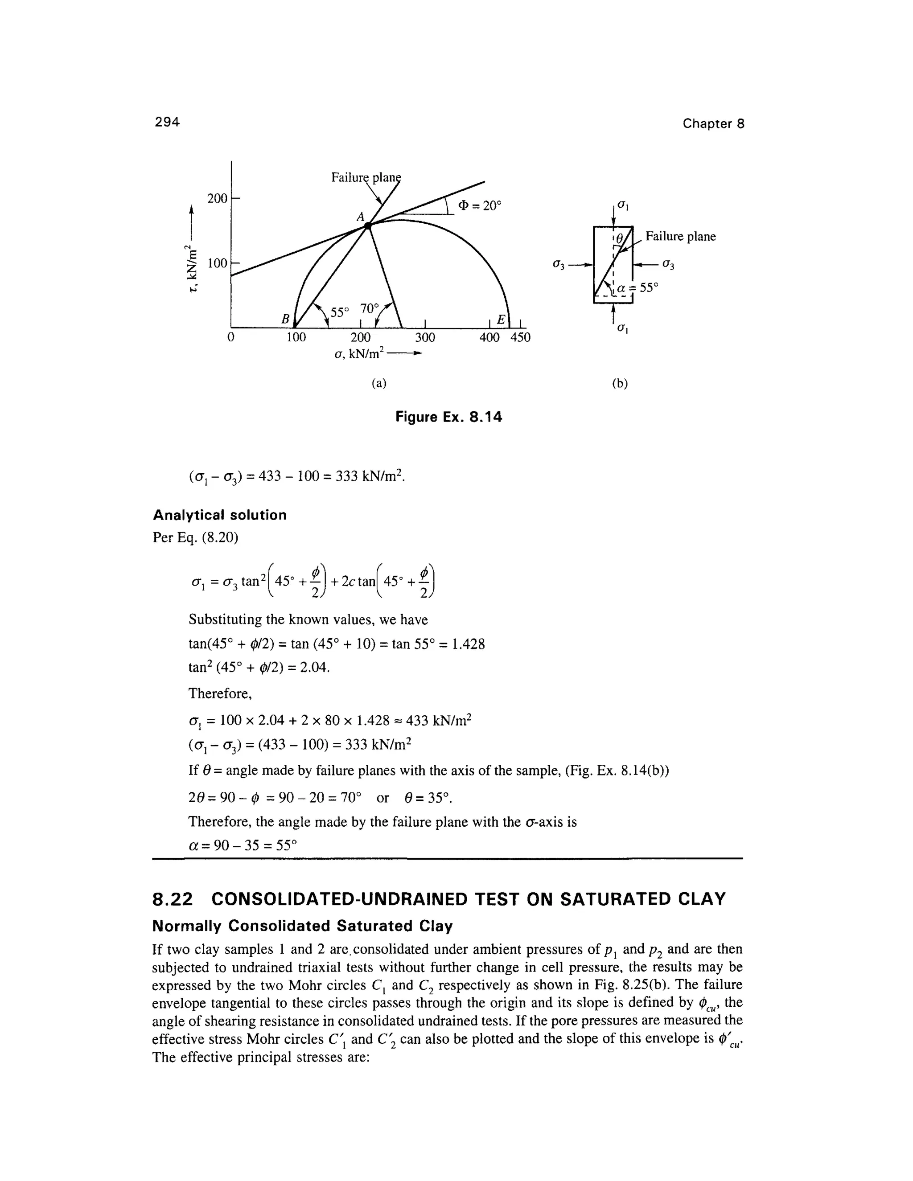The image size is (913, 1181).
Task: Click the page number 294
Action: (x=167, y=122)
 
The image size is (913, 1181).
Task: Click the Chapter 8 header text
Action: (x=713, y=124)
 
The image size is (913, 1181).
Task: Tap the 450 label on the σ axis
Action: (x=520, y=338)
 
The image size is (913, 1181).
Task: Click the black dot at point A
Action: (x=368, y=226)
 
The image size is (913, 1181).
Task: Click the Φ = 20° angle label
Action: (x=480, y=206)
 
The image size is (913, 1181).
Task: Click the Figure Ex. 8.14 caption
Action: (x=448, y=417)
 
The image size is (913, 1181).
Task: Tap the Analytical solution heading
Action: (x=220, y=515)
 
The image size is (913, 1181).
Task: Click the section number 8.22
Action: (x=173, y=899)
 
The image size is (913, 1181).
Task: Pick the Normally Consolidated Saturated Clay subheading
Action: (x=302, y=927)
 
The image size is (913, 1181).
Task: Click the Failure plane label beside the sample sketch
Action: (x=680, y=236)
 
